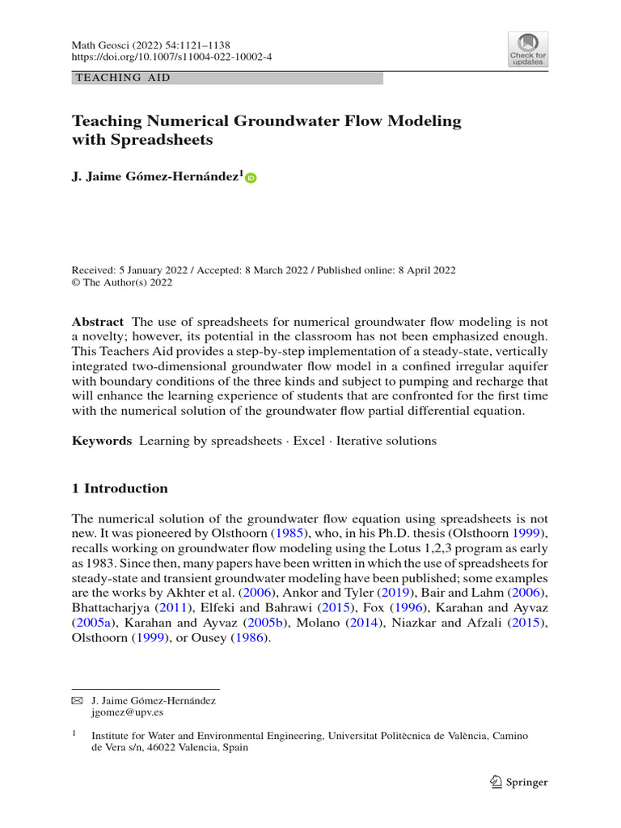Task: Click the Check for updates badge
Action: coord(527,49)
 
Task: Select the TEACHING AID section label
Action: coord(122,78)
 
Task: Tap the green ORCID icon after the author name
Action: coord(250,178)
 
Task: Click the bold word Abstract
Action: coord(98,321)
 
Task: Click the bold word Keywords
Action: coord(102,441)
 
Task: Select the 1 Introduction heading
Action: coord(120,488)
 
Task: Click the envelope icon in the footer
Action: coord(78,700)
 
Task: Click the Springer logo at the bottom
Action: coord(519,782)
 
